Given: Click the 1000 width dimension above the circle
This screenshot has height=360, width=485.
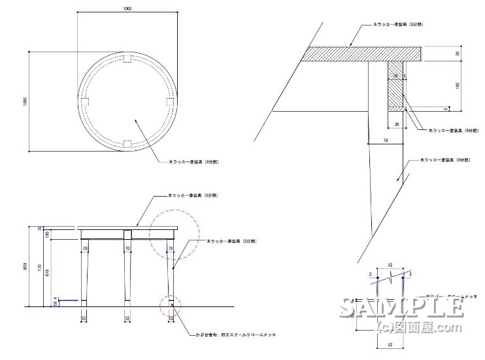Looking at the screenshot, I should click(127, 8).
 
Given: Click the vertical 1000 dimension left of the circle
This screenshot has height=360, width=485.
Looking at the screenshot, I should click(24, 101).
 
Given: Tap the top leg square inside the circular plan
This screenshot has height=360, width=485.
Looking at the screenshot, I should click(127, 60).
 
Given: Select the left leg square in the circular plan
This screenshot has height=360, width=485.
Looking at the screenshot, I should click(86, 102).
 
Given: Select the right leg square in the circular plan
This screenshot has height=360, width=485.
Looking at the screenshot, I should click(169, 102).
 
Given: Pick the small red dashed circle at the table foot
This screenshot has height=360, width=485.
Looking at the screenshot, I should click(171, 304).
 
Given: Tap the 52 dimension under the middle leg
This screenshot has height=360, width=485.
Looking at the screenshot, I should click(127, 318).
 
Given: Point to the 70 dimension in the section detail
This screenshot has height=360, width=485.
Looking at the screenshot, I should click(386, 140).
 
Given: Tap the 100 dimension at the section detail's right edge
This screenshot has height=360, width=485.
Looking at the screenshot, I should click(458, 85).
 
